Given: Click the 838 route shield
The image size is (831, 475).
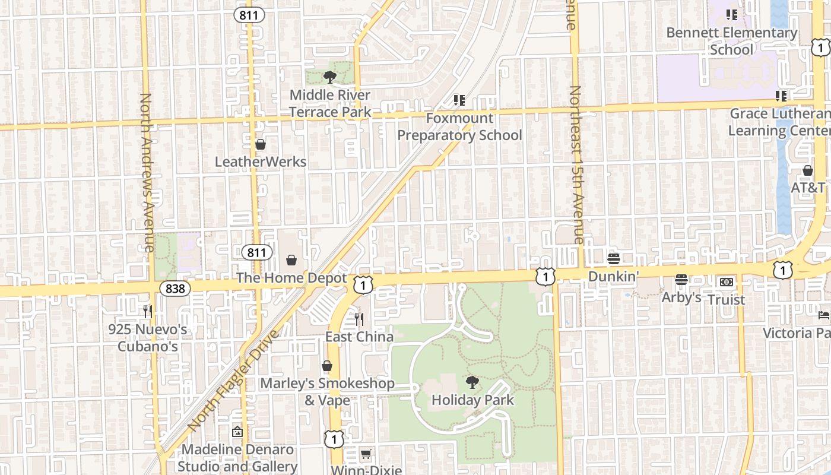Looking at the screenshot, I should (x=176, y=289).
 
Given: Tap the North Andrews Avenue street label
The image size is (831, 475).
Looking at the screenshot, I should (x=147, y=172).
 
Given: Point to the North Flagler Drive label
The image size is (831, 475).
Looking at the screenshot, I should (x=233, y=381).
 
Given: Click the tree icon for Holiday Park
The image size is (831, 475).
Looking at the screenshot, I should (x=472, y=382).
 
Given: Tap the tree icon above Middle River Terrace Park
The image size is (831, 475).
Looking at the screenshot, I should (x=329, y=77).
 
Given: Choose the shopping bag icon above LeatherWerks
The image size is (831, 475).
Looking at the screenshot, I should (x=260, y=144).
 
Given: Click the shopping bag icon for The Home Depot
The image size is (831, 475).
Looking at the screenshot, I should (x=291, y=260).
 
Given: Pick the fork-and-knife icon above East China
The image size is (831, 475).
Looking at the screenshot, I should (x=359, y=319).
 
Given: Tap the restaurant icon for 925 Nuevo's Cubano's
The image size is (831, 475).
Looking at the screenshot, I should (x=148, y=311).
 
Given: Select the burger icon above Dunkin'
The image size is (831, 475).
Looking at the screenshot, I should (x=614, y=259).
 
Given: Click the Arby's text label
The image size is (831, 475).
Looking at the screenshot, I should (x=681, y=297).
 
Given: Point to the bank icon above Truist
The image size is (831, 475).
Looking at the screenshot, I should (x=727, y=282).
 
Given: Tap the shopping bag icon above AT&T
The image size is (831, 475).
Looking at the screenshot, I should (x=808, y=170).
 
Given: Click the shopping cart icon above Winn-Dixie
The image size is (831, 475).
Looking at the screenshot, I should (x=366, y=454).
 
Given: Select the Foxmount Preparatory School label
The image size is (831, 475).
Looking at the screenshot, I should (x=459, y=126).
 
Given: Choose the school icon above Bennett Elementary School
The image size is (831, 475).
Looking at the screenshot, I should (x=731, y=15).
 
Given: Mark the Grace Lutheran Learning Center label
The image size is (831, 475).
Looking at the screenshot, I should (x=779, y=122).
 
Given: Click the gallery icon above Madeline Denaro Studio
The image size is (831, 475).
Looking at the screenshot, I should (x=237, y=432).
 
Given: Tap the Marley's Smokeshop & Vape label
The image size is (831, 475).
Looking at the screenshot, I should (x=327, y=391).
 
